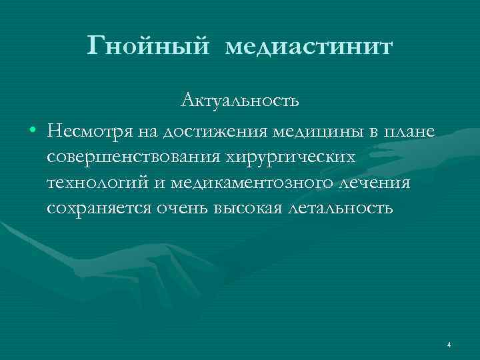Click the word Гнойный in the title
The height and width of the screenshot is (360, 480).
149,47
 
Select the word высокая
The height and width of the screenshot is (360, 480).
253,208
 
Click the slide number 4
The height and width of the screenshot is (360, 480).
449,345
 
